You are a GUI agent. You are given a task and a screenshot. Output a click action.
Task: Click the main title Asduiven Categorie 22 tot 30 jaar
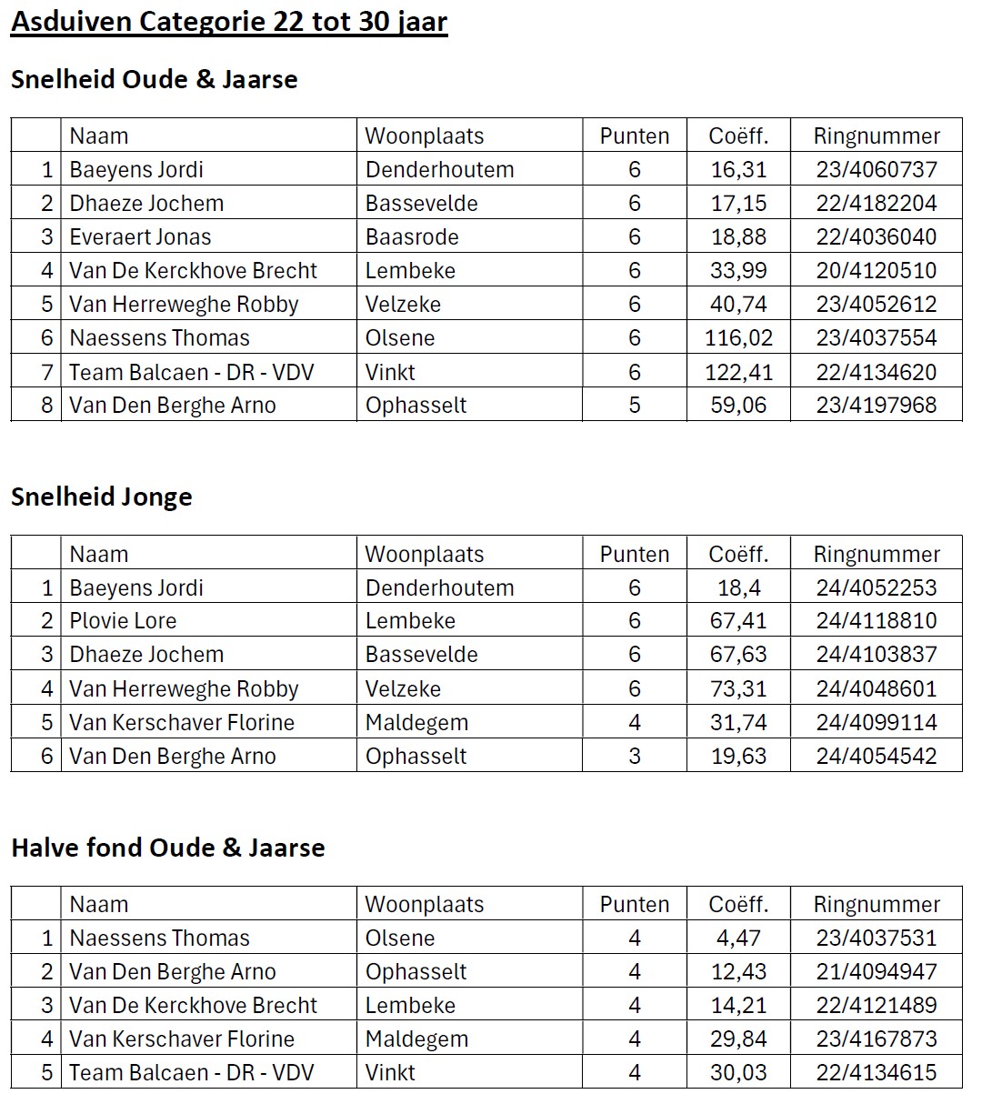pyautogui.click(x=228, y=21)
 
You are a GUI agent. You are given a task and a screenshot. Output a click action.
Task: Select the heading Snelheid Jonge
pyautogui.click(x=102, y=497)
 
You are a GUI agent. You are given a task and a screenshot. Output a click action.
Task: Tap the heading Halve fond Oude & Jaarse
pyautogui.click(x=167, y=848)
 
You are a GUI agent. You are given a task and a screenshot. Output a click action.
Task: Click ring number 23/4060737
pyautogui.click(x=876, y=169)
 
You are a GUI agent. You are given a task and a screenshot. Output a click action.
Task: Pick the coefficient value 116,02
pyautogui.click(x=738, y=338)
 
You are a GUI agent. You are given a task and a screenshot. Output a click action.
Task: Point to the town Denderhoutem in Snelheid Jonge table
pyautogui.click(x=439, y=587)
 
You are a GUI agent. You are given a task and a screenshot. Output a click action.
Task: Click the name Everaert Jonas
pyautogui.click(x=140, y=237)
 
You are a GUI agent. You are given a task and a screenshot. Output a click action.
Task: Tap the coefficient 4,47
pyautogui.click(x=738, y=938)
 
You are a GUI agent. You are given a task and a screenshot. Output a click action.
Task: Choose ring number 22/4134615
pyautogui.click(x=876, y=1073)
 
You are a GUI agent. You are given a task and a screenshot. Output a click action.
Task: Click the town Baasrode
pyautogui.click(x=412, y=237)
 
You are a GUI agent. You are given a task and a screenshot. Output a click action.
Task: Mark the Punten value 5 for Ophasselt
pyautogui.click(x=635, y=406)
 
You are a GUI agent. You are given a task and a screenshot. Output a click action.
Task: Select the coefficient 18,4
pyautogui.click(x=738, y=587)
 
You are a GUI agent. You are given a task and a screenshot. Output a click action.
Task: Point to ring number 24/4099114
pyautogui.click(x=876, y=723)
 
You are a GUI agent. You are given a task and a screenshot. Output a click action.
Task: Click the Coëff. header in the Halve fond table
pyautogui.click(x=738, y=904)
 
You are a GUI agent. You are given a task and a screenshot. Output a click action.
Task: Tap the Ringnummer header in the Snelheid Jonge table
pyautogui.click(x=876, y=554)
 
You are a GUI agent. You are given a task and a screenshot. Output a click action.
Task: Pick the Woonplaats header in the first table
pyautogui.click(x=424, y=135)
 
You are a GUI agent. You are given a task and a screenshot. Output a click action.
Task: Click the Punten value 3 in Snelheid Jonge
pyautogui.click(x=635, y=757)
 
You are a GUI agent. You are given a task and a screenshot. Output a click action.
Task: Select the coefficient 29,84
pyautogui.click(x=738, y=1039)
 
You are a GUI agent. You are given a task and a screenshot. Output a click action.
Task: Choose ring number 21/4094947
pyautogui.click(x=876, y=971)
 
